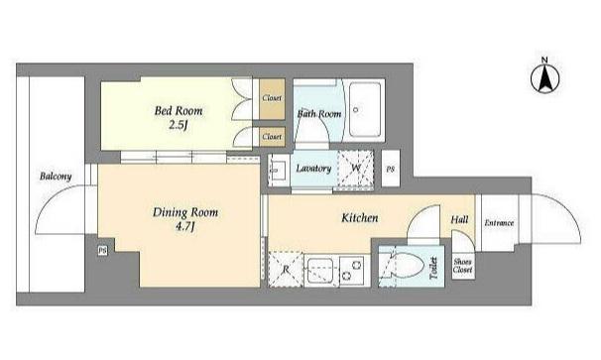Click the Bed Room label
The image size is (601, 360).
tap(179, 111)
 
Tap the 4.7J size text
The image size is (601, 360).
tap(185, 227)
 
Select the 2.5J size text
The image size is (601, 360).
tap(178, 125)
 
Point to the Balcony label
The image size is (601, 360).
tap(56, 177)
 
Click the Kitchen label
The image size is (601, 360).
tap(360, 218)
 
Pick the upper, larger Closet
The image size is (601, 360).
tap(272, 99)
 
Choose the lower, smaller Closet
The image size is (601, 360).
tap(272, 137)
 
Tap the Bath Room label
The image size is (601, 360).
tap(319, 113)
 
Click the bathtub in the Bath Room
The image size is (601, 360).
tap(365, 110)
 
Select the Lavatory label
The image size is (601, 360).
tap(313, 169)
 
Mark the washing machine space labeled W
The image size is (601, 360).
tap(355, 169)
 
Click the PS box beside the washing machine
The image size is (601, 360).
tap(391, 169)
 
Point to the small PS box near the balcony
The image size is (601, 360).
tap(102, 251)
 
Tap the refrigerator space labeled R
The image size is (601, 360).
tap(286, 269)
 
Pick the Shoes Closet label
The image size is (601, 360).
tap(462, 266)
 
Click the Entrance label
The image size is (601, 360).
tap(499, 223)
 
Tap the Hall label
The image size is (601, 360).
tap(459, 220)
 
